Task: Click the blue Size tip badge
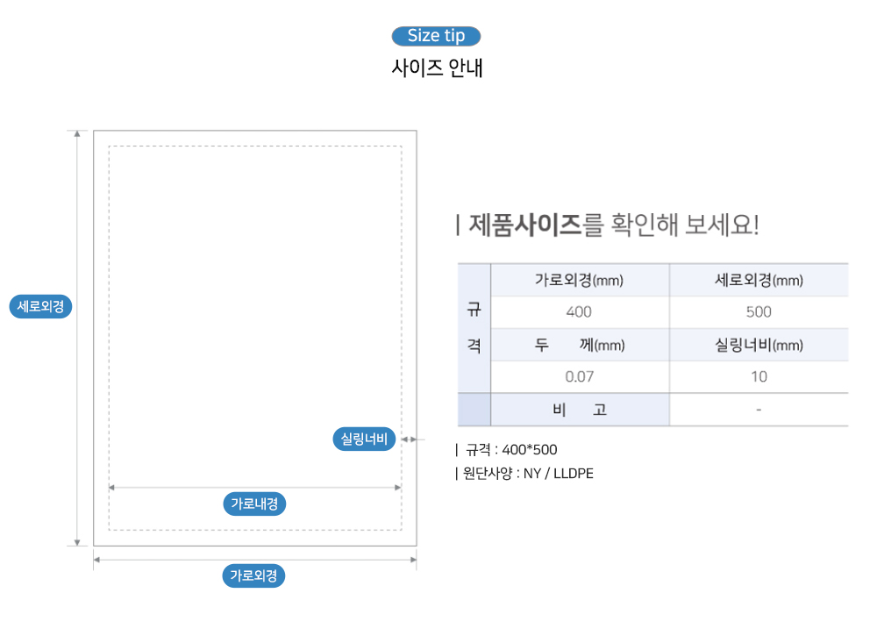[436, 36]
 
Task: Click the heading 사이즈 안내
[437, 68]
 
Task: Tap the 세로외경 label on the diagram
[40, 307]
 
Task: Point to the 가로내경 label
[254, 504]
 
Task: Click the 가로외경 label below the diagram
[253, 575]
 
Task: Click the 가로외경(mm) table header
[579, 281]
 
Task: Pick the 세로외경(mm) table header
[759, 281]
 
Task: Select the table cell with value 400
[579, 312]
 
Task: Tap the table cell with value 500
[759, 312]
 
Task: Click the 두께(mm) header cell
[579, 345]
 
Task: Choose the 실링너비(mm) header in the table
[759, 345]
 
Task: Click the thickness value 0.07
[579, 377]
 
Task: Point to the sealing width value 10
[759, 377]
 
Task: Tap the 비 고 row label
[579, 410]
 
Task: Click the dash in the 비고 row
[759, 410]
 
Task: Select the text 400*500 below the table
[530, 450]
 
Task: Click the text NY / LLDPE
[558, 474]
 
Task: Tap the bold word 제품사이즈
[525, 225]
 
